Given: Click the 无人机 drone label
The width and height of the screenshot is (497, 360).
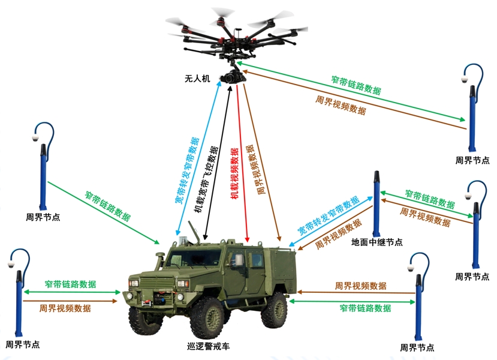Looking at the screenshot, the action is [197, 79].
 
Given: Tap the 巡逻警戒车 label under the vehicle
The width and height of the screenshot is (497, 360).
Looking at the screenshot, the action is [208, 346].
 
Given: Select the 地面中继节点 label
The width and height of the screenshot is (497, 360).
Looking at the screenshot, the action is [377, 242].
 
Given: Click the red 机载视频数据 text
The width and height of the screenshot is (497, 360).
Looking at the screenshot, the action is [235, 173].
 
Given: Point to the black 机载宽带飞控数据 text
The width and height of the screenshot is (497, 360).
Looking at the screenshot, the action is [206, 179].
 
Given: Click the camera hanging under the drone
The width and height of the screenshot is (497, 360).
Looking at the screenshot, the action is [234, 76].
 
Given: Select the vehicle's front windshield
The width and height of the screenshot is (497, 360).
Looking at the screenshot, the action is [194, 258].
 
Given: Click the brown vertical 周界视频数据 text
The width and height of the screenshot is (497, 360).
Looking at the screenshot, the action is [255, 169].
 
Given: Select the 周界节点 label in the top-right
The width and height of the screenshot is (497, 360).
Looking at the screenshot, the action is [472, 160].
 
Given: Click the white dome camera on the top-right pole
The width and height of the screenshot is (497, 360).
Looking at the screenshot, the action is [465, 79].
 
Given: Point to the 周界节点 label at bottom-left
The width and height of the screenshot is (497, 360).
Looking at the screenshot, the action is [23, 344].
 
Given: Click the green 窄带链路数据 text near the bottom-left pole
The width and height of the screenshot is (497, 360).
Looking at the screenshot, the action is [70, 284].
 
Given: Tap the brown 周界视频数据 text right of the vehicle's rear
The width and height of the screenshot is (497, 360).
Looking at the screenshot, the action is [361, 286].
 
